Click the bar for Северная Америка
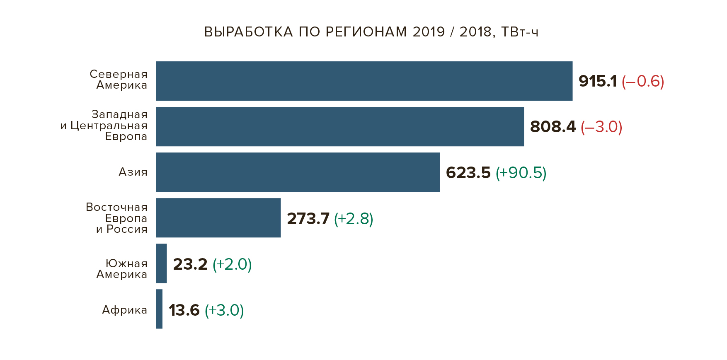[x=364, y=81]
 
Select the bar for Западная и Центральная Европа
[x=340, y=127]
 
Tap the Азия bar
[x=298, y=172]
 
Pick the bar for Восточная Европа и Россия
[x=218, y=218]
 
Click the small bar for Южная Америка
[x=162, y=263]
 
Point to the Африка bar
[x=160, y=309]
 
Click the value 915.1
[x=598, y=81]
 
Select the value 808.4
[x=553, y=127]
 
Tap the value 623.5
[x=468, y=173]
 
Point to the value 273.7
[x=308, y=219]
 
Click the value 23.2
[x=190, y=264]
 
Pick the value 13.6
[x=184, y=310]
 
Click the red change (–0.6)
[x=643, y=81]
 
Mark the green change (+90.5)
[x=521, y=173]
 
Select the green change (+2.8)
[x=354, y=219]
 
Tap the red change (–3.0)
[x=601, y=127]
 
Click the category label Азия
[x=133, y=172]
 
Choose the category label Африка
[x=125, y=310]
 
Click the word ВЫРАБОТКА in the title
[x=249, y=32]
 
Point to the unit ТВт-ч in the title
[x=520, y=32]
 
